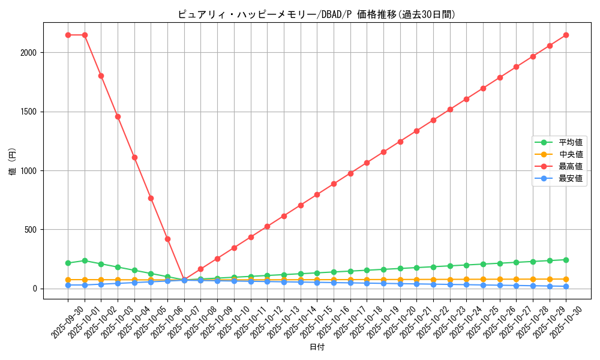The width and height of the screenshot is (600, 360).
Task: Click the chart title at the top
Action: tap(316, 14)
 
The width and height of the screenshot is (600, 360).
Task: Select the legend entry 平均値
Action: tap(571, 142)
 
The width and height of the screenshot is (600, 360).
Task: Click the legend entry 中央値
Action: tap(571, 154)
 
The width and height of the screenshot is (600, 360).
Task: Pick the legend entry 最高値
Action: tap(571, 166)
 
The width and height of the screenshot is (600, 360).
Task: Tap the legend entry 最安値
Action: tap(571, 178)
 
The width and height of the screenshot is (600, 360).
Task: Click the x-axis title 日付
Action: tap(316, 347)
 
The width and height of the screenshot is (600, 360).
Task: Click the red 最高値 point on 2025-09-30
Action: tap(68, 35)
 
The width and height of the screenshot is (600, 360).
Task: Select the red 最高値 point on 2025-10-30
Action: tap(566, 35)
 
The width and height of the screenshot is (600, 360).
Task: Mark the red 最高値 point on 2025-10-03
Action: tap(118, 116)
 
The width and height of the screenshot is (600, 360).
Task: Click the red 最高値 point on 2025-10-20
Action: tap(400, 142)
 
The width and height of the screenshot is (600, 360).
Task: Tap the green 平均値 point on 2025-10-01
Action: tap(85, 260)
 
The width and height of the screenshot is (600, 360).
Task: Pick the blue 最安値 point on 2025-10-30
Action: tap(566, 286)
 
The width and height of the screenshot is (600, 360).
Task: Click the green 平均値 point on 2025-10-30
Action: tap(566, 260)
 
